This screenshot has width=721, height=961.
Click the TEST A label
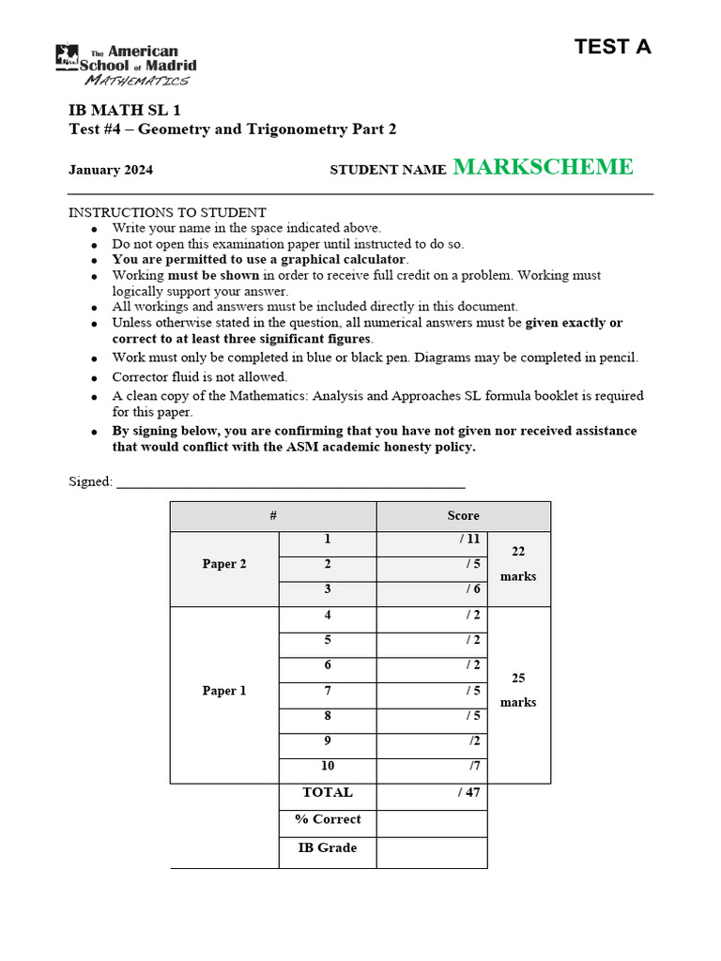(612, 47)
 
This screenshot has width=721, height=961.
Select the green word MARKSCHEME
(543, 167)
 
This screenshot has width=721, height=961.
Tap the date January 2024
(111, 170)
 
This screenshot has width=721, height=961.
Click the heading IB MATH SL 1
(125, 110)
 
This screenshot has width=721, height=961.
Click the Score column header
(463, 516)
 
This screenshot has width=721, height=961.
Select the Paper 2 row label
(224, 564)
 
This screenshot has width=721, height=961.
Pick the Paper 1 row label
(224, 691)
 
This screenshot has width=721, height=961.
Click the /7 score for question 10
(473, 767)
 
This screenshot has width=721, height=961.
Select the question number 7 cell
(328, 691)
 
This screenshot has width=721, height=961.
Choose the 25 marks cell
(518, 690)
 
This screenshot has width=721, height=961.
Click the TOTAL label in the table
(328, 792)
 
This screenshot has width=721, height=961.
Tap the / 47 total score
(468, 792)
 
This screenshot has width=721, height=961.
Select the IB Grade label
(328, 847)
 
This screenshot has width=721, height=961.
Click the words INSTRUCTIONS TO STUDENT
(168, 213)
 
